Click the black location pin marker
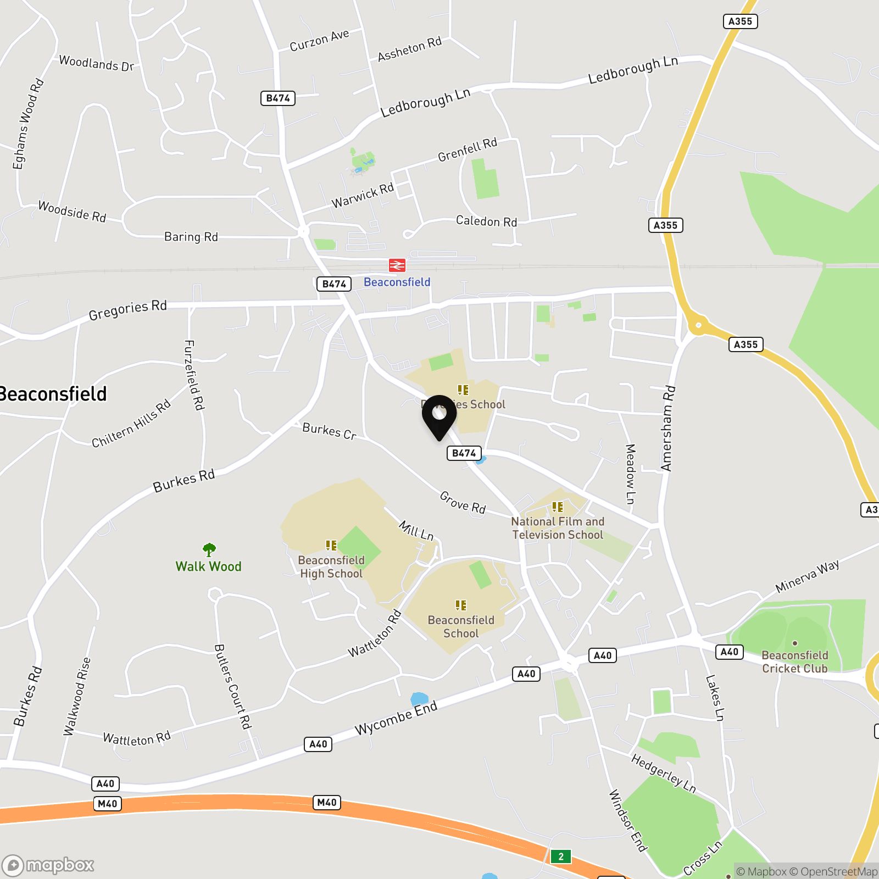(x=439, y=416)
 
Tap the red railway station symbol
(x=397, y=266)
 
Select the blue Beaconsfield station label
(x=397, y=282)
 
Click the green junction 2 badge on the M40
(x=560, y=856)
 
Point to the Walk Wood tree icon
(x=209, y=549)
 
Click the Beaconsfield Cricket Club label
(x=794, y=661)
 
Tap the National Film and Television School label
(x=558, y=528)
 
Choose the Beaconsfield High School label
(x=331, y=566)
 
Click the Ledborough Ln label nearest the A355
(x=633, y=70)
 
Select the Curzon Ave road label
(x=319, y=41)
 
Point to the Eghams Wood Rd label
(x=28, y=124)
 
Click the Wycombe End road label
(x=396, y=717)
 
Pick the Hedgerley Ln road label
(x=663, y=774)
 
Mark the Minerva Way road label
(x=807, y=576)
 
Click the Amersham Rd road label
(x=668, y=429)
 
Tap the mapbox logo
(x=48, y=866)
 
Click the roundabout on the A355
(x=698, y=325)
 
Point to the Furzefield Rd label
(x=194, y=375)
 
